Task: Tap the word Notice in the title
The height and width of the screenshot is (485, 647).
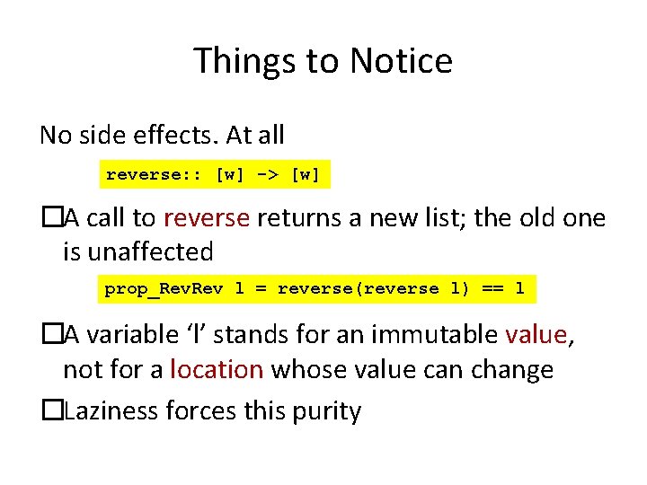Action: (401, 62)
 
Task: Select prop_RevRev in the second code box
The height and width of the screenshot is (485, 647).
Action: (164, 289)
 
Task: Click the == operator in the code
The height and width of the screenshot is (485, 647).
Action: (486, 289)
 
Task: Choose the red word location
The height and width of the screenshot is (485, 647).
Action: (216, 369)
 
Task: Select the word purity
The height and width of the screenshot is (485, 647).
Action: (326, 411)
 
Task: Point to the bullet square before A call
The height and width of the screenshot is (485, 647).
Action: (51, 218)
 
